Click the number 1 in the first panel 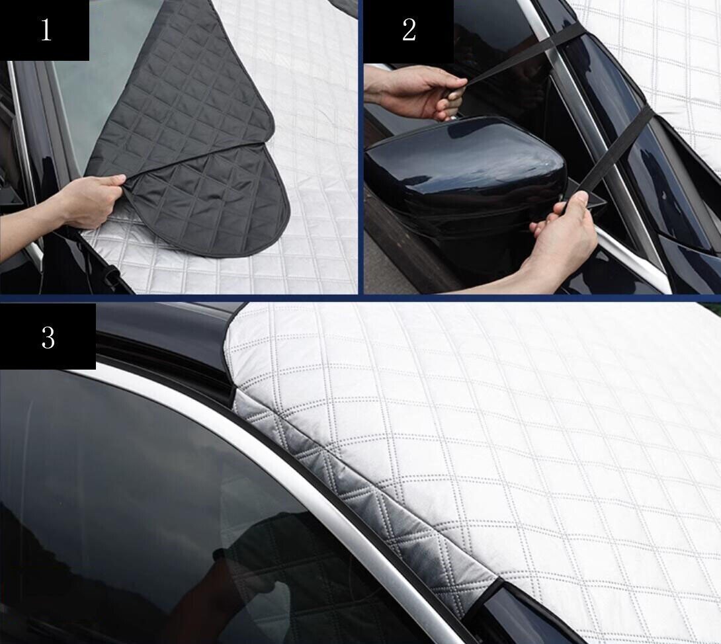pos(46,30)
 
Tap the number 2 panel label pos(409,30)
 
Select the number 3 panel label pos(48,337)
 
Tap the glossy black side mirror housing pos(463,165)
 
